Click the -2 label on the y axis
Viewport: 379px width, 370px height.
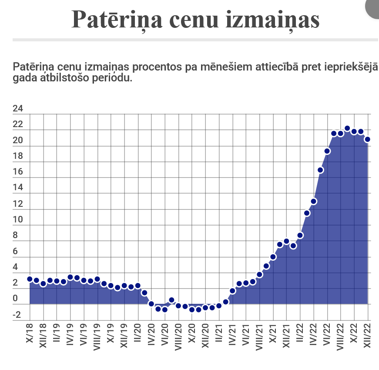(17, 315)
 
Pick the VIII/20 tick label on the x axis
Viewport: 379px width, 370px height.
(178, 336)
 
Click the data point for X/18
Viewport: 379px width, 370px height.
(30, 279)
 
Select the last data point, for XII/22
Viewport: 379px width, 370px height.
(367, 139)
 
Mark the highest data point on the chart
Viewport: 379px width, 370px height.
(347, 128)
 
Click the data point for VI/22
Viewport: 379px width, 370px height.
(327, 151)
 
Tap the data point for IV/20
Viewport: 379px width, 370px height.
(151, 304)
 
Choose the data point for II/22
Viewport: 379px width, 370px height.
(300, 235)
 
